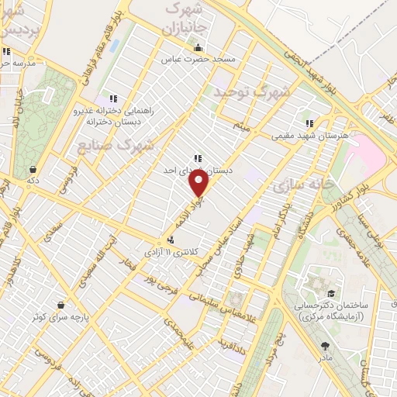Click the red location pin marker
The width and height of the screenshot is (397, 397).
coord(199,184)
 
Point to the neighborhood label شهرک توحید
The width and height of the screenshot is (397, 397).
coord(252,91)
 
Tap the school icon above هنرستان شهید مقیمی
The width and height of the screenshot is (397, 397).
coord(309,123)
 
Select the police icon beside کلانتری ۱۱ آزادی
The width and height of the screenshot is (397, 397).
coord(170,240)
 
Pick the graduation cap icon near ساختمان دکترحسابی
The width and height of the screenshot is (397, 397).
coord(332,293)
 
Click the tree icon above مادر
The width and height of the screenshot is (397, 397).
coord(324,347)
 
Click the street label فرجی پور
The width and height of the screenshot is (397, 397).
coord(161,285)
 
